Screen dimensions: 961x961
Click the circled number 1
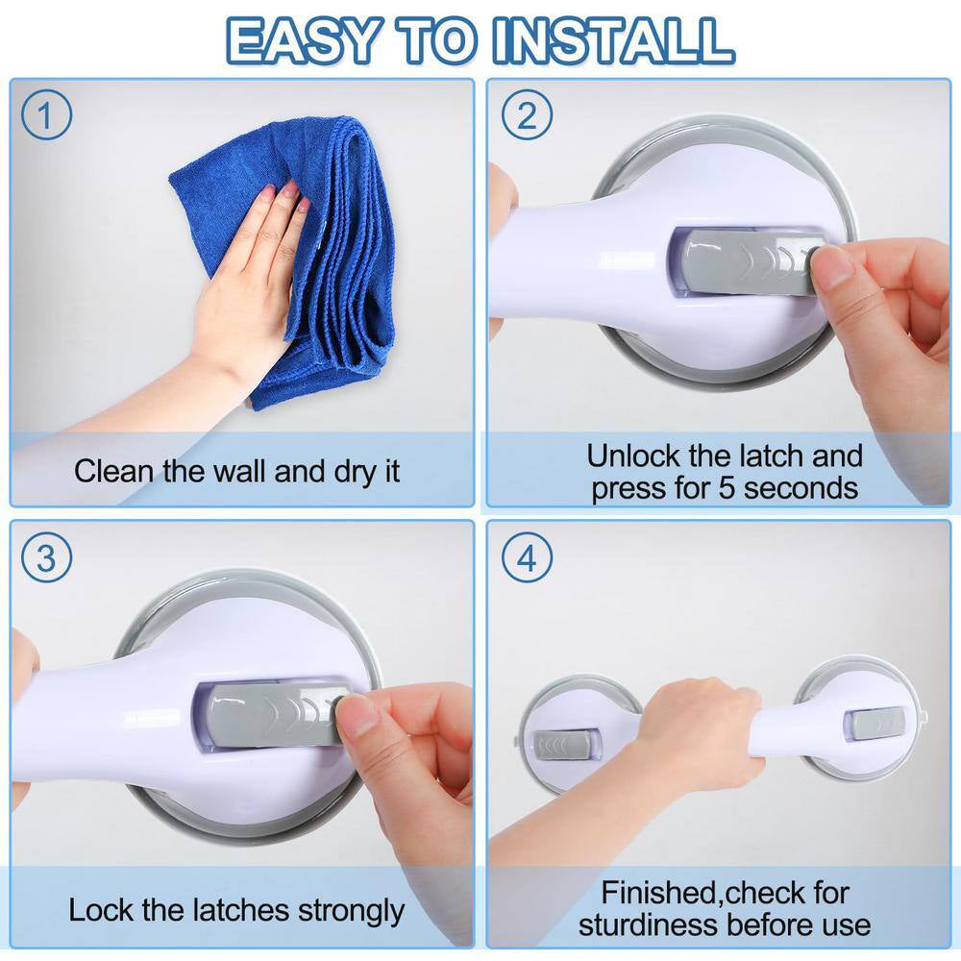[x=47, y=116]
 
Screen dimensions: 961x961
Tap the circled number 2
[x=527, y=116]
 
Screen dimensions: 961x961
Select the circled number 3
[x=47, y=558]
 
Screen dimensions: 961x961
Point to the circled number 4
[x=527, y=558]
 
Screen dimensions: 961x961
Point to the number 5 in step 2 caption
[x=719, y=487]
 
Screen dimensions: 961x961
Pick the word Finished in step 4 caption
[x=661, y=893]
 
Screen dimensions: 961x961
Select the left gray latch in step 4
[x=568, y=745]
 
